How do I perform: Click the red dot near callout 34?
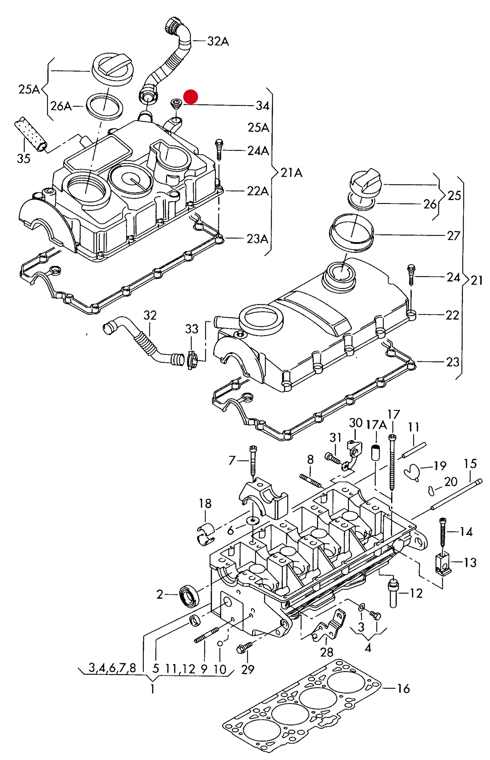(x=191, y=96)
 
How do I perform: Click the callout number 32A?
(x=218, y=41)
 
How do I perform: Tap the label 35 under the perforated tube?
(x=24, y=158)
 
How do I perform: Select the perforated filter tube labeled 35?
(x=31, y=134)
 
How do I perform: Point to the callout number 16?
(x=404, y=688)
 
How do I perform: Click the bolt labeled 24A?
(x=219, y=149)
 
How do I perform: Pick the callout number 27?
(x=454, y=235)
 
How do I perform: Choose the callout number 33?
(x=192, y=329)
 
